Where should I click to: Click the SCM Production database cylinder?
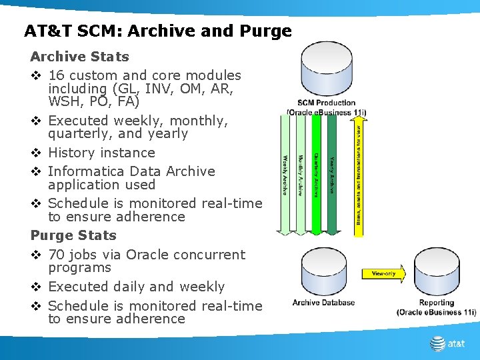327,69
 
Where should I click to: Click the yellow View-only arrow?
383,273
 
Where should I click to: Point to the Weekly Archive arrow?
285,177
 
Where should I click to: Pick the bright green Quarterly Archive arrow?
316,177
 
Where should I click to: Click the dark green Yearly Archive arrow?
331,177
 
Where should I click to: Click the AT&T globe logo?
438,344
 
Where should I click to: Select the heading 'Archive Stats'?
79,57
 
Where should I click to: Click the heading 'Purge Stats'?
73,235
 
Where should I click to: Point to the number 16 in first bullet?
57,76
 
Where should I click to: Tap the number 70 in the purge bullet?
57,255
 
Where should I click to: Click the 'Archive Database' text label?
323,303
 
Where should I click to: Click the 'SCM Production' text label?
327,103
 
